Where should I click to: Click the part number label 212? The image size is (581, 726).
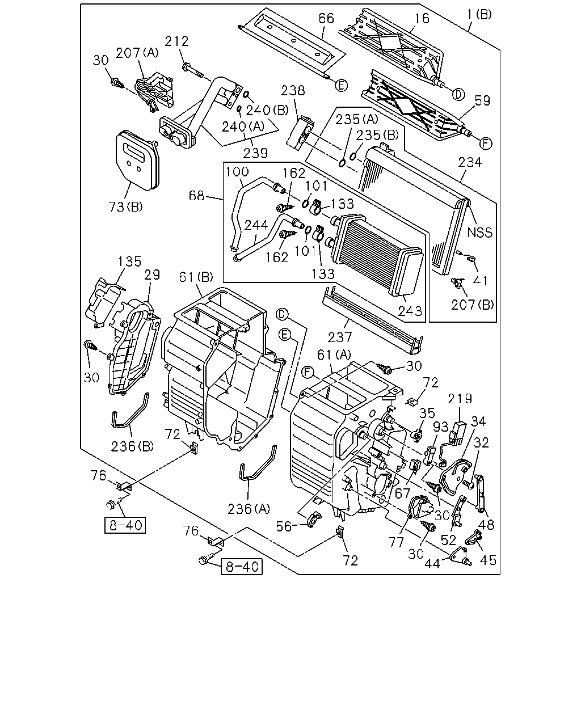pos(176,41)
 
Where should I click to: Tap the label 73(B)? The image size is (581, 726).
pos(125,207)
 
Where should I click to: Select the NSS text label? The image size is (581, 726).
pos(479,233)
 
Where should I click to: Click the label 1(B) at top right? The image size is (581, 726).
pos(479,15)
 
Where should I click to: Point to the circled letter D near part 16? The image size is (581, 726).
pos(458,95)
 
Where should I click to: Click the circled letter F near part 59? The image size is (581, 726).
pos(486,143)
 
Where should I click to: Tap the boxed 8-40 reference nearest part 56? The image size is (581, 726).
pos(241,567)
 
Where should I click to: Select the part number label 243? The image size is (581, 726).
pos(410,311)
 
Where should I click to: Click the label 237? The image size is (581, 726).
pos(340,337)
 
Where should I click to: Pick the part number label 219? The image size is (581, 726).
pos(460,399)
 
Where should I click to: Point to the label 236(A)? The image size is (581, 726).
pos(249,509)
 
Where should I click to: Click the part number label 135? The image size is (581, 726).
pos(129,261)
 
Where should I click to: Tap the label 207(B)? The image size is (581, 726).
pos(472,305)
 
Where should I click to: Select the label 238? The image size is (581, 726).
pos(293,90)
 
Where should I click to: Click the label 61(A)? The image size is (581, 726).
pos(334,354)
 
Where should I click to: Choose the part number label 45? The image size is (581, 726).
pos(488,560)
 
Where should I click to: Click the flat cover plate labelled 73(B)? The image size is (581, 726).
pos(137,161)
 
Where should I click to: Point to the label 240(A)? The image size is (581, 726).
pos(243,126)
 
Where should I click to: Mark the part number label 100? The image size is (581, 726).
pos(237,172)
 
